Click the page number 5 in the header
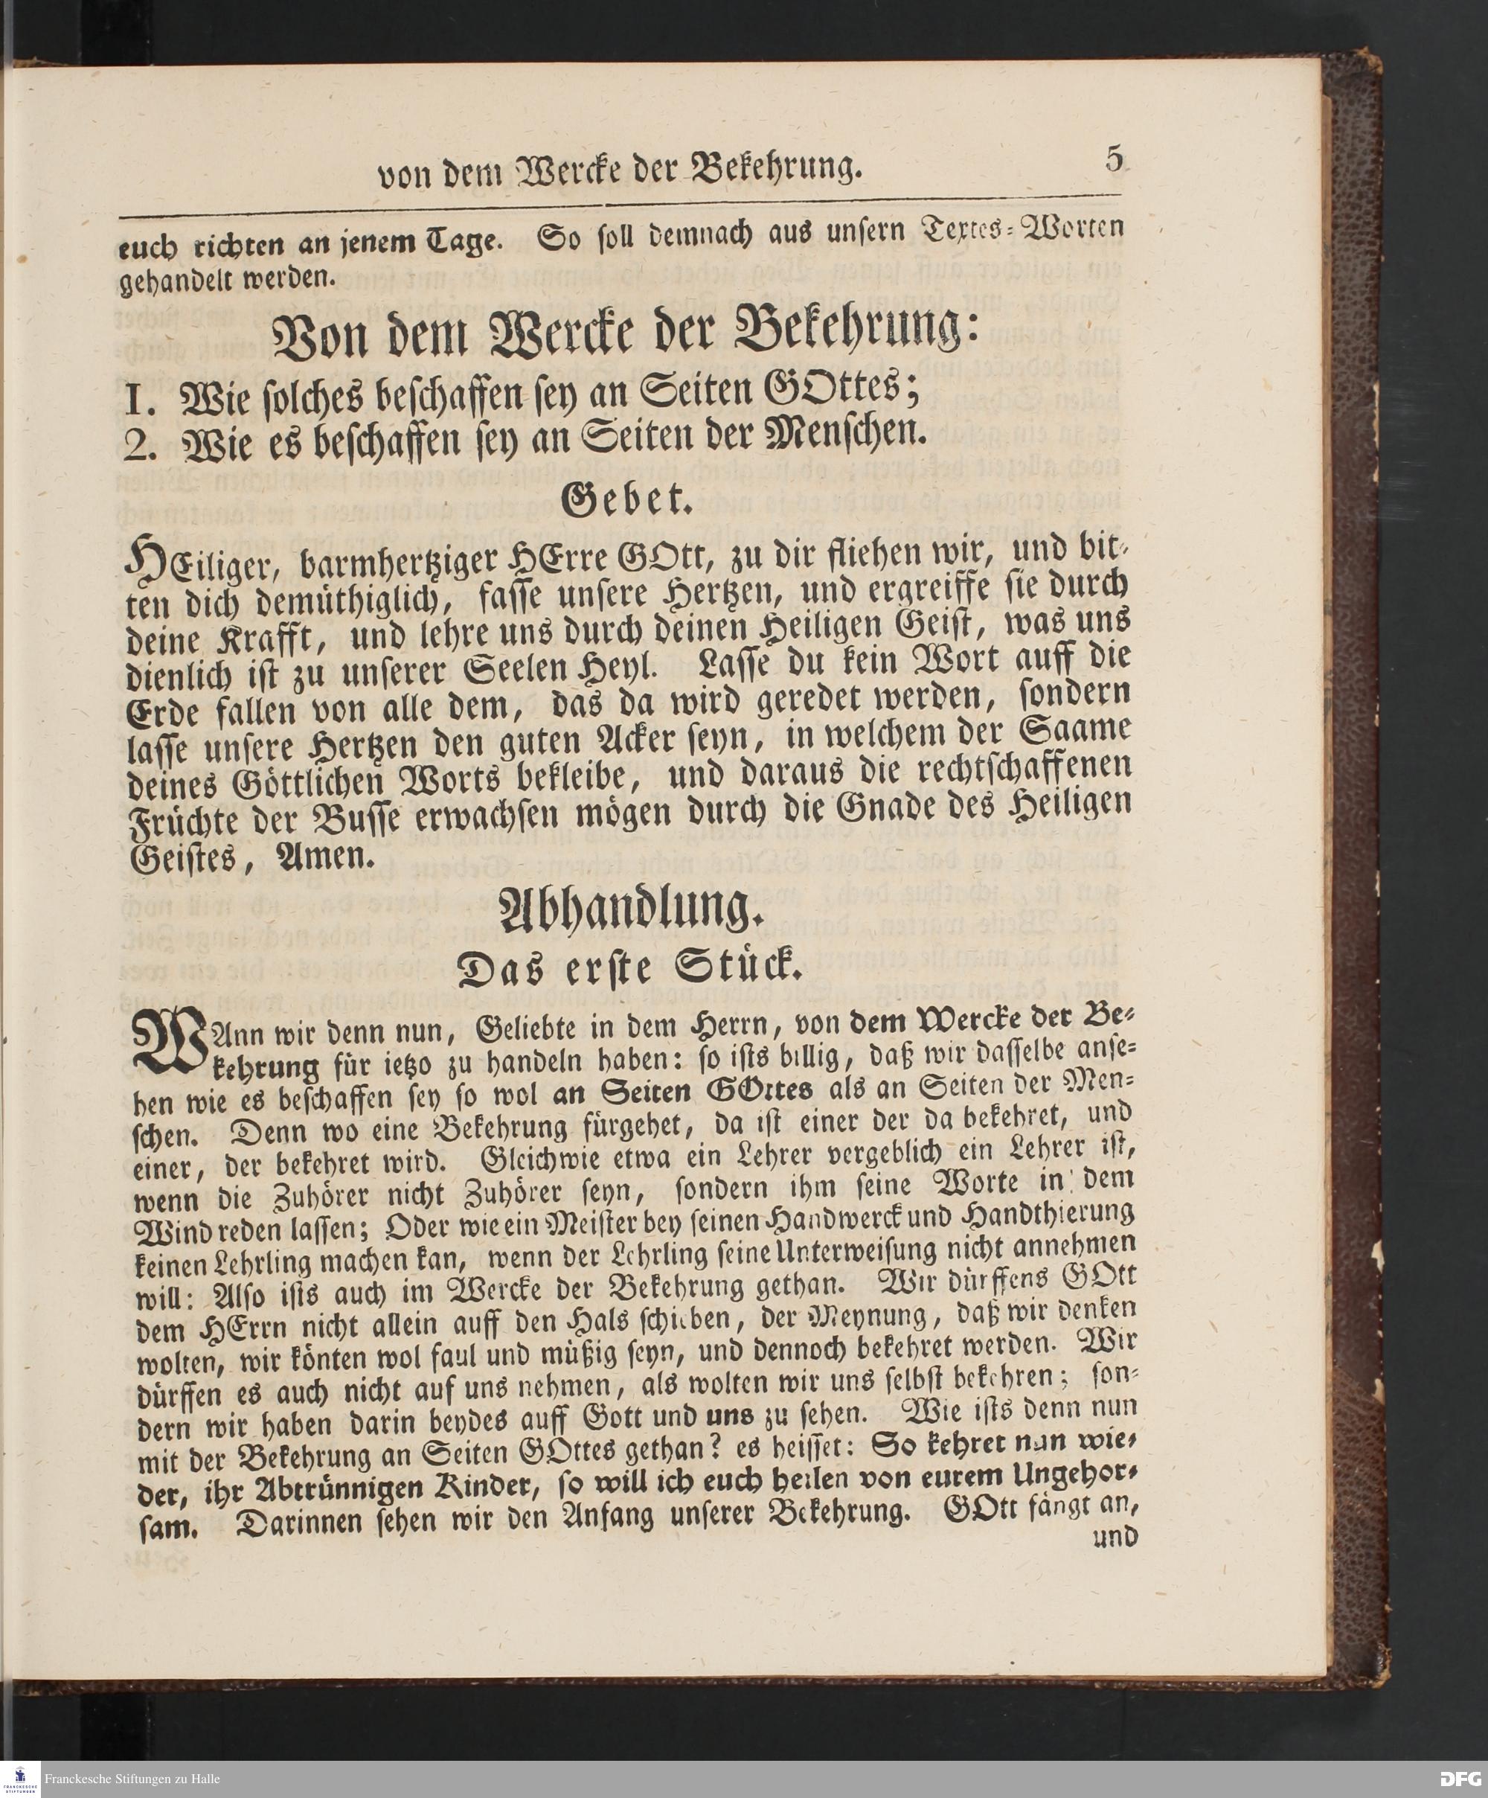(x=1114, y=159)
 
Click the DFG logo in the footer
(x=1460, y=1779)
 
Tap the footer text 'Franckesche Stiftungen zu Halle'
(x=132, y=1779)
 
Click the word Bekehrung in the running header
(x=772, y=170)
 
